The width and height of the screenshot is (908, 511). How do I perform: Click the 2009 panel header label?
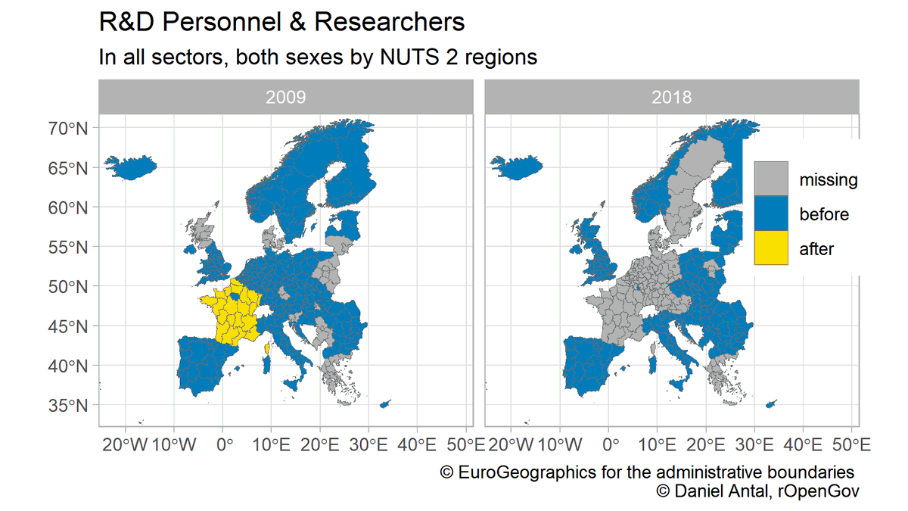point(285,98)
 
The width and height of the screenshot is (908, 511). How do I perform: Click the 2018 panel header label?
point(672,98)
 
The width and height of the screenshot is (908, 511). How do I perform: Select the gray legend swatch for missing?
point(771,179)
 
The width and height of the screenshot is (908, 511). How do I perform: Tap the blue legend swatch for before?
point(771,214)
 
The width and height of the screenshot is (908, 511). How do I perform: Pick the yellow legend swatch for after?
point(771,248)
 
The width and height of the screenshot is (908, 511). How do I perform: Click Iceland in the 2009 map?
point(130,167)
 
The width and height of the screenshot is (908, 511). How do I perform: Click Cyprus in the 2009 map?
point(384,405)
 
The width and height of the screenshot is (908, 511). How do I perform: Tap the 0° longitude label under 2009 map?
point(223,444)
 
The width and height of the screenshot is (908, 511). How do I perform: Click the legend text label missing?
point(828,180)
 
